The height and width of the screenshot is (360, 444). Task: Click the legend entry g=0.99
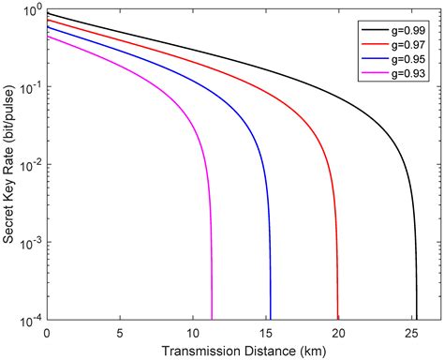point(406,29)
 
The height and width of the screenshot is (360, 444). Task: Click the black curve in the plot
point(281,73)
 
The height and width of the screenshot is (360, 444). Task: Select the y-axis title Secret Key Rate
point(9,164)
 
